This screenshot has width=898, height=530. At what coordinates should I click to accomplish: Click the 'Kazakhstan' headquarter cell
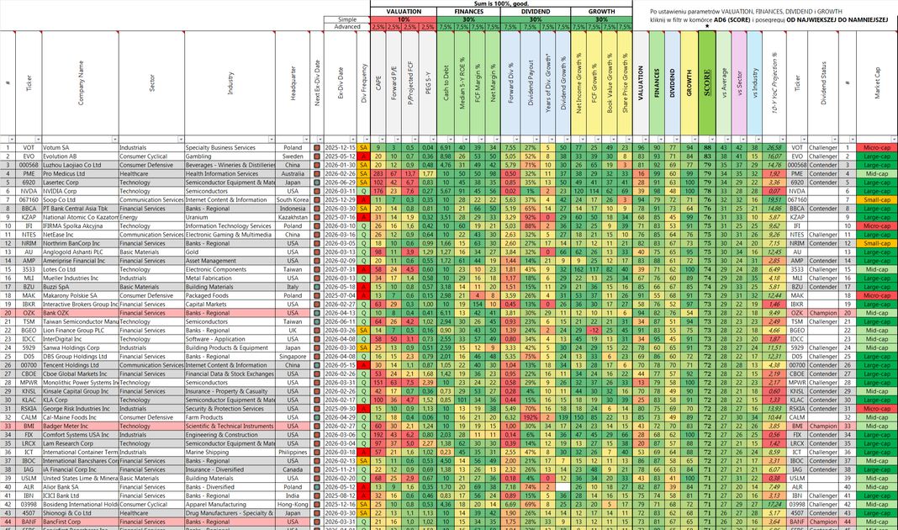tap(293, 217)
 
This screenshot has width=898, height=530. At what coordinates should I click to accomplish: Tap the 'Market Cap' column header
tap(877, 84)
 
